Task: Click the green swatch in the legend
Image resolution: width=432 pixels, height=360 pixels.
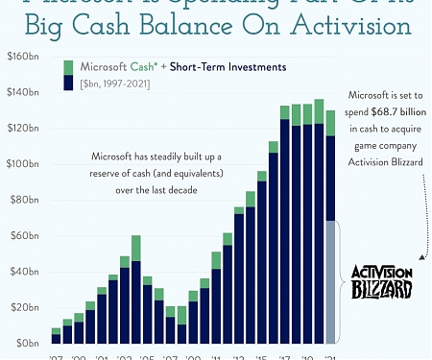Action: click(x=69, y=66)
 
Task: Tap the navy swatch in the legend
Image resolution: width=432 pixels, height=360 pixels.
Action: click(x=69, y=83)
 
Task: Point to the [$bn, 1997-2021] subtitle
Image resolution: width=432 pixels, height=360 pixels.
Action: click(x=119, y=84)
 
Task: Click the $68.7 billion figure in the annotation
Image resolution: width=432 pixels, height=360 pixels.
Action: click(x=394, y=112)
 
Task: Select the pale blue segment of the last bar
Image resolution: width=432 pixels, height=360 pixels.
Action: click(x=331, y=281)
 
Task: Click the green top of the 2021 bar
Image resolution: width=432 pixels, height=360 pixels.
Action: click(x=331, y=123)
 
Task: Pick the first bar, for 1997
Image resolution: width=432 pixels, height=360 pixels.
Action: click(x=56, y=336)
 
